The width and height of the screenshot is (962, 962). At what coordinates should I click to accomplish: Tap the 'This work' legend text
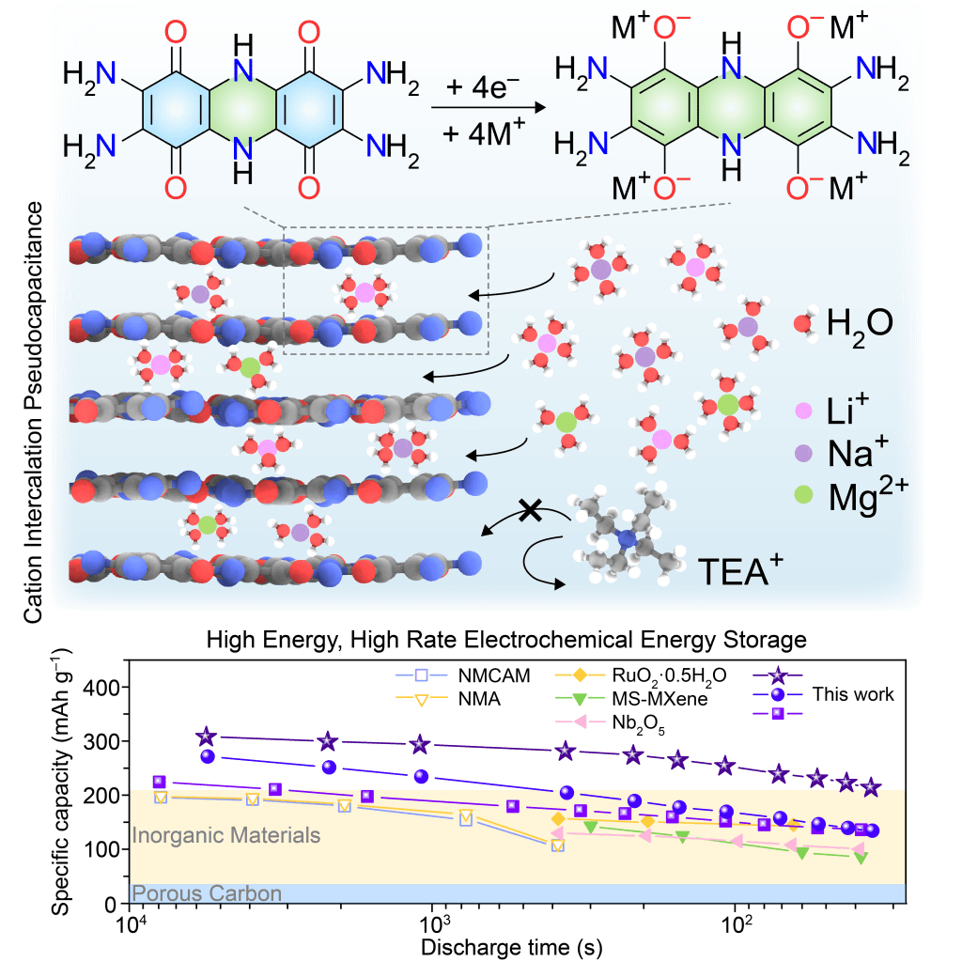click(x=853, y=695)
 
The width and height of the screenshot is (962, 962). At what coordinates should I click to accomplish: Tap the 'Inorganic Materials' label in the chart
click(x=226, y=835)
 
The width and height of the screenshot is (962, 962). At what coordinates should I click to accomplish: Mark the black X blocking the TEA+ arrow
click(x=530, y=510)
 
